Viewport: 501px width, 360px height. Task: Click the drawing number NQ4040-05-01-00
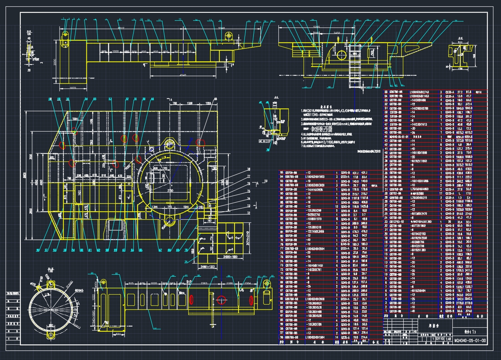coord(471,341)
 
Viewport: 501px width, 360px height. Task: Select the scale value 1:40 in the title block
coord(449,338)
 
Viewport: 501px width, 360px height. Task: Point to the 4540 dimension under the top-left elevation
coord(183,75)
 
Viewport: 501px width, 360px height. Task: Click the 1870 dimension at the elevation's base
coord(73,88)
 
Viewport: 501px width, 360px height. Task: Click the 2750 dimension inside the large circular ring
coord(170,191)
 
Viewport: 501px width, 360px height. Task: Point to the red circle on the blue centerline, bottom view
coord(221,299)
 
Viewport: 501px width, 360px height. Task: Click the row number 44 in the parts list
coord(386,136)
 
